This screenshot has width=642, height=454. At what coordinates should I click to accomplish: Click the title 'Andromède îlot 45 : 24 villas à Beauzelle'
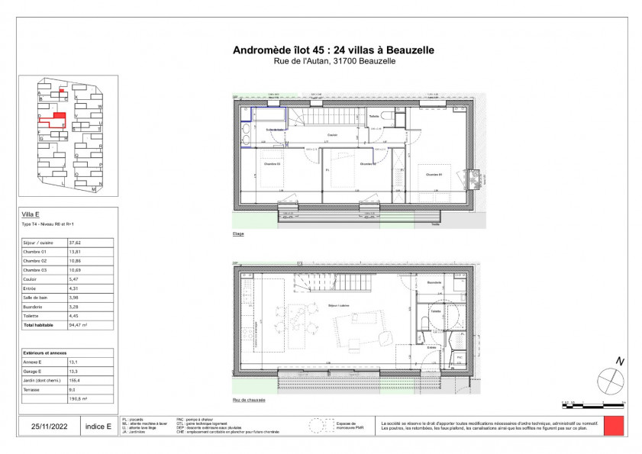point(333,50)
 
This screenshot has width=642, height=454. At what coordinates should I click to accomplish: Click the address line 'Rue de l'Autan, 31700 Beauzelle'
point(333,61)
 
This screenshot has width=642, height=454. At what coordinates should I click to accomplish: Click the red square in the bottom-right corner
point(614,425)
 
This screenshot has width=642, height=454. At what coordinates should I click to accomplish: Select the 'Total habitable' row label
point(38,325)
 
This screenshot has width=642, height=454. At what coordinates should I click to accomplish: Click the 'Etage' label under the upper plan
point(239,233)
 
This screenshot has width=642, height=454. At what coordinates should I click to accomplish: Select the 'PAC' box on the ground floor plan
point(460,356)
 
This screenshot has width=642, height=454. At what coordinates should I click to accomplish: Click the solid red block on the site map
point(60,117)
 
